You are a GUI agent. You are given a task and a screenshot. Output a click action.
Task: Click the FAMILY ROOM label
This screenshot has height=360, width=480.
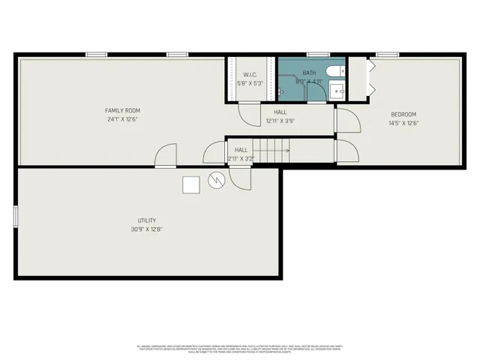(122, 110)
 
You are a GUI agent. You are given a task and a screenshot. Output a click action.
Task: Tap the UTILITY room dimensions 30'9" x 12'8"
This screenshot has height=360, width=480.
(147, 229)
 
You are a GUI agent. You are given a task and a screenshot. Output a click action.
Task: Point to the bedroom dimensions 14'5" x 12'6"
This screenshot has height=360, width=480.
(402, 123)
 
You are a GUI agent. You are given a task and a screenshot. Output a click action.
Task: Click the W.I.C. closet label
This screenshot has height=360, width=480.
(250, 74)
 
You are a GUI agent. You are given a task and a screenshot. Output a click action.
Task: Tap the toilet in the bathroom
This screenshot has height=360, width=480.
(336, 72)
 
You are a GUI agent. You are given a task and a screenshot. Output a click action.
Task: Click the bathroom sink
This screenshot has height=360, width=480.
(337, 92)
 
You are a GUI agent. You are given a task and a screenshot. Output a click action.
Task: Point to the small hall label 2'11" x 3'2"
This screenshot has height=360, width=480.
(241, 158)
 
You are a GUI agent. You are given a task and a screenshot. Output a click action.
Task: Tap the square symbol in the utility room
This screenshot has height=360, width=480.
(190, 183)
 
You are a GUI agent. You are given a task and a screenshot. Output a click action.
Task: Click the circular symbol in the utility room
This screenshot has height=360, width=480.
(215, 181)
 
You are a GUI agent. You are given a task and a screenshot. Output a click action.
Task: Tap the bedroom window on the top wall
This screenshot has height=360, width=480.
(387, 54)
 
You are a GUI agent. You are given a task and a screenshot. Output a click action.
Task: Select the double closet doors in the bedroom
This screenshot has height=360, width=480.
(370, 79)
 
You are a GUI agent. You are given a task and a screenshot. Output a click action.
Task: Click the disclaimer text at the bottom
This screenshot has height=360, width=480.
(239, 349)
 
